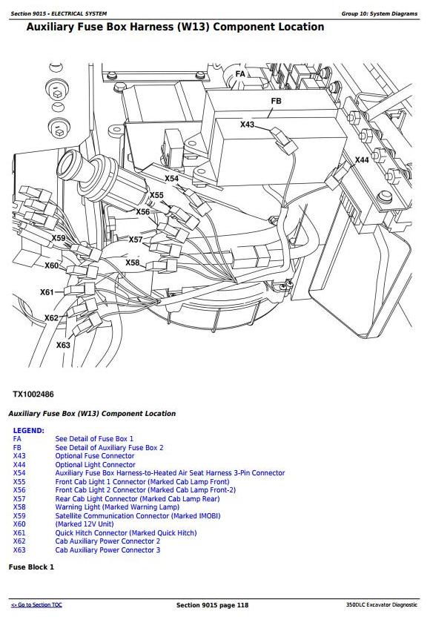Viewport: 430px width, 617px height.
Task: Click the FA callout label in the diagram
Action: [240, 75]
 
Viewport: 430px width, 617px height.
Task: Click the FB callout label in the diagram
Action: [276, 101]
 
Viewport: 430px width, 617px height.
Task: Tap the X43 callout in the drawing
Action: [247, 125]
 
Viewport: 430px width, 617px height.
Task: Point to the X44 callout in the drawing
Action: [362, 160]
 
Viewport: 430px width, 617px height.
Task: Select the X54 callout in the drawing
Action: [171, 179]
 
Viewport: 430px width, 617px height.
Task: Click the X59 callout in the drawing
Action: [59, 238]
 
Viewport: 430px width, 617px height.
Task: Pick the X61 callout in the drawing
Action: [47, 292]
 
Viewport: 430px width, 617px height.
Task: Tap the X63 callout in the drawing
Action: [63, 345]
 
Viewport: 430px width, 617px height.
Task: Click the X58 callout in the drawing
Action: [132, 263]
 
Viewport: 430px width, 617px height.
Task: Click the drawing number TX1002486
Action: [33, 395]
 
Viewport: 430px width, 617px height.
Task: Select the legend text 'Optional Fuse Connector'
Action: [95, 456]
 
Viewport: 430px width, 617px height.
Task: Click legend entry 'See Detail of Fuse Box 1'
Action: [94, 439]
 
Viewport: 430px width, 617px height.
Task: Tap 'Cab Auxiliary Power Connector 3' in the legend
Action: [107, 550]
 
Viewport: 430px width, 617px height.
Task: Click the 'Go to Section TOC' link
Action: [36, 606]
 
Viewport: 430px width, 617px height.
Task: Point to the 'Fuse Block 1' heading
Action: [31, 567]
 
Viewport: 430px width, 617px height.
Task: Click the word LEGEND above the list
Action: [28, 431]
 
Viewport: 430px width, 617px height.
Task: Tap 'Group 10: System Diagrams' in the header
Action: [379, 13]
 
